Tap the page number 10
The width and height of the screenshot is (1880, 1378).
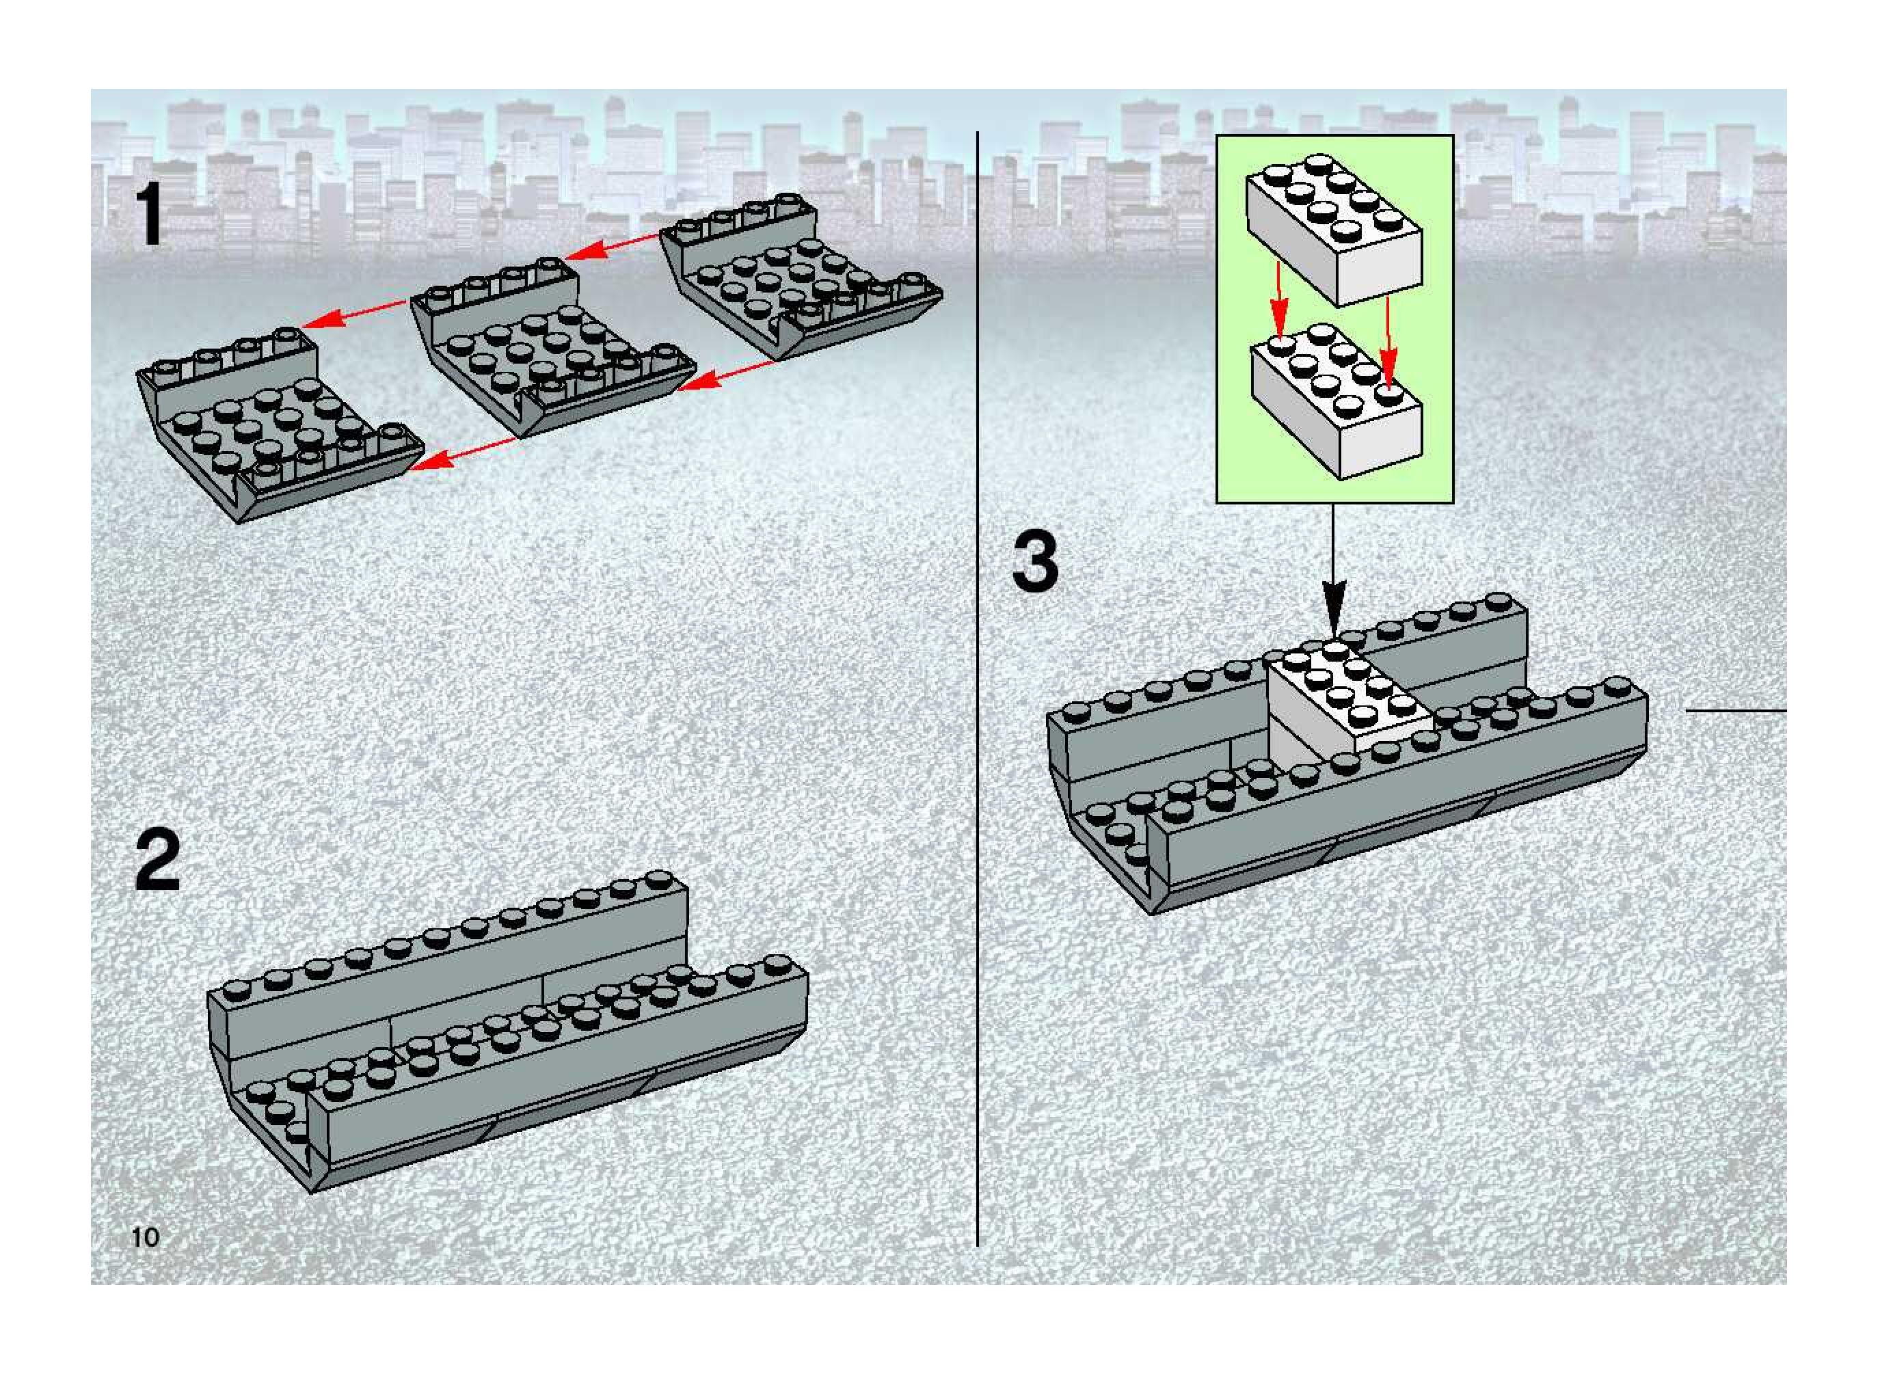click(x=145, y=1237)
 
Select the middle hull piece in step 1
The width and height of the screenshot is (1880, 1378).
click(x=550, y=346)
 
